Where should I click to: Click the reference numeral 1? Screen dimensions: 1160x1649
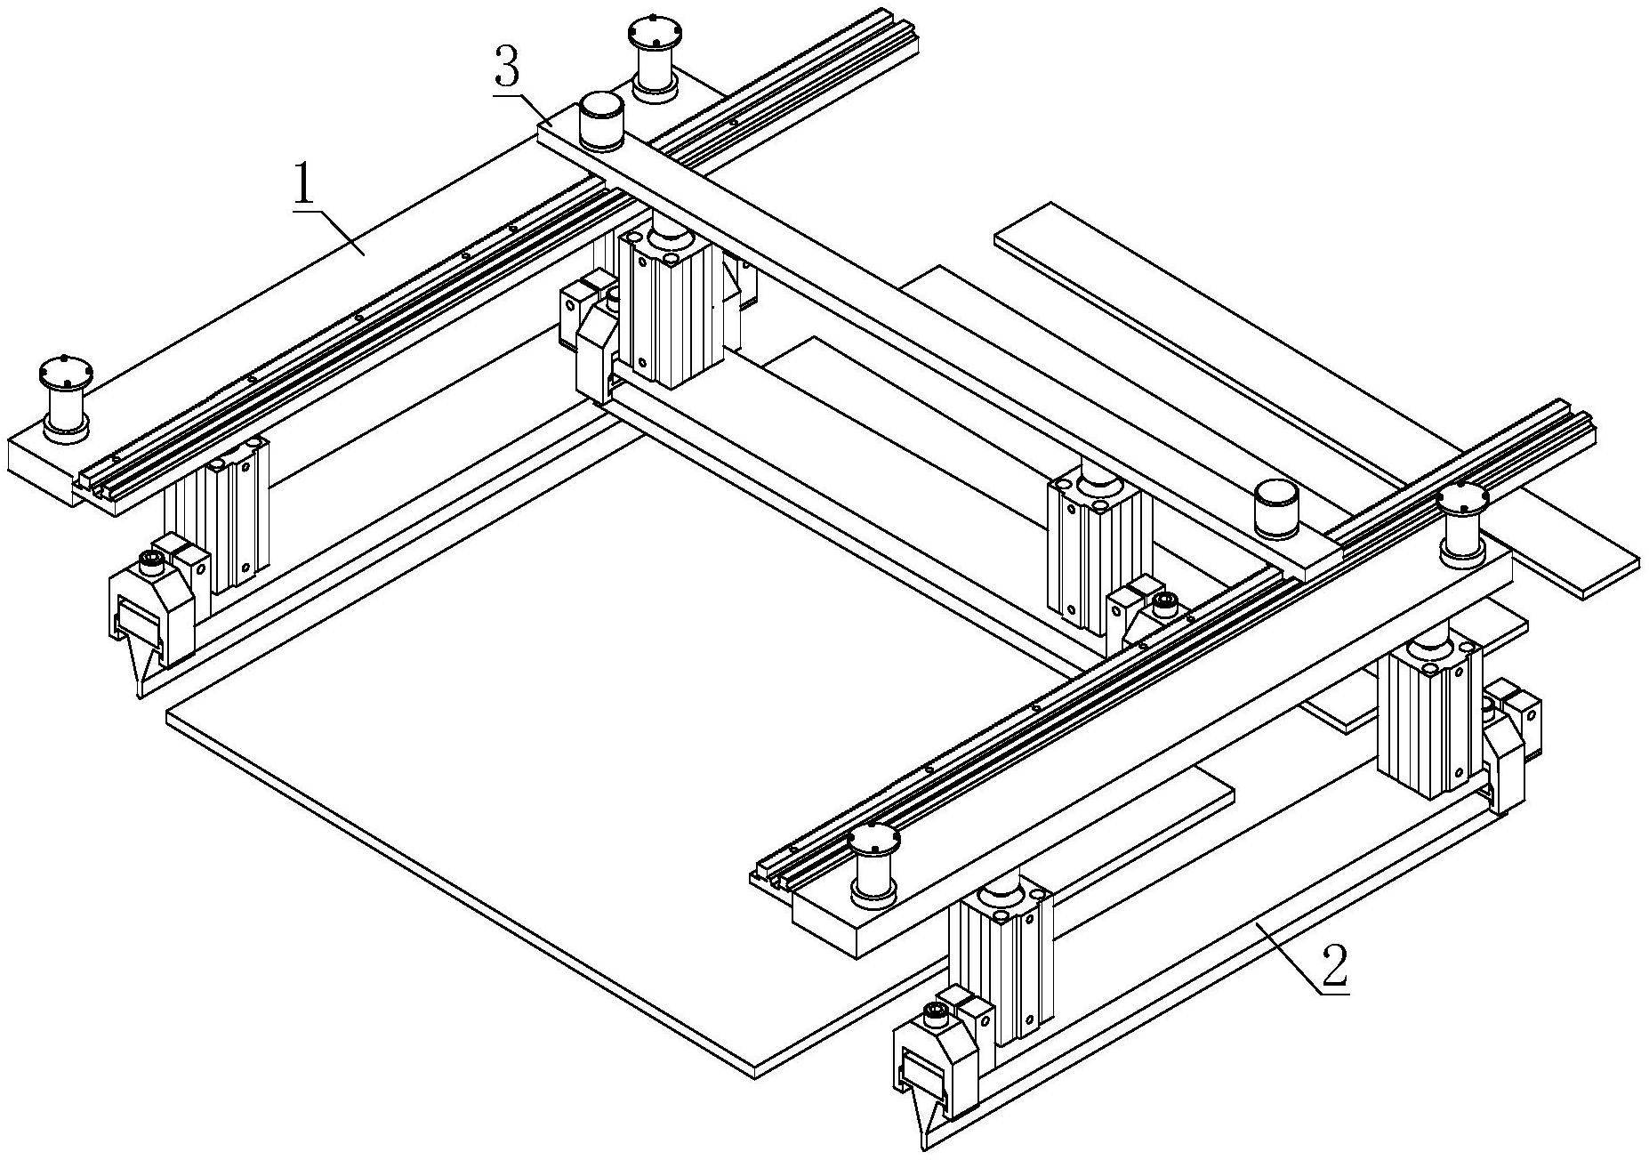tap(304, 185)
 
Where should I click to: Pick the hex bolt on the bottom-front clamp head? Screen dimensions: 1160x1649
tap(935, 1011)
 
